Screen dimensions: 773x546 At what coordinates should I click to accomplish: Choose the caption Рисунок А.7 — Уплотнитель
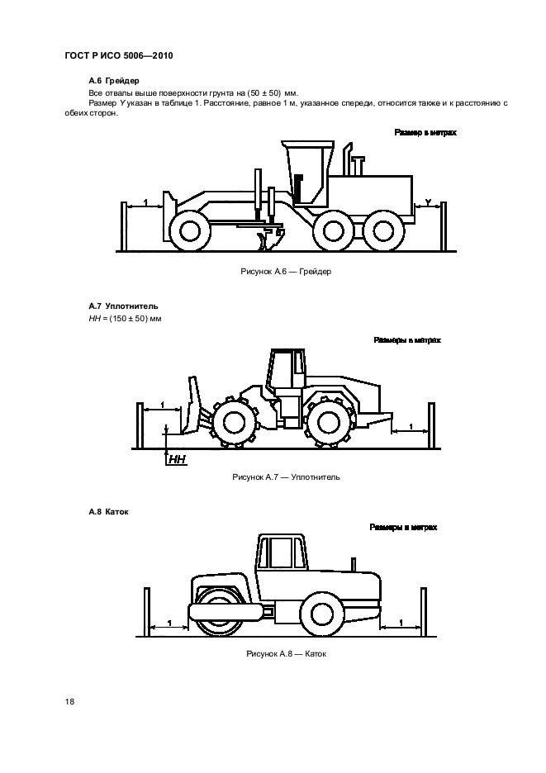286,477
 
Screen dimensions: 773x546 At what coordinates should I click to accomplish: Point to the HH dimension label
178,459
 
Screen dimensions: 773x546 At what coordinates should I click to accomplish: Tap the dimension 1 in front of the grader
145,202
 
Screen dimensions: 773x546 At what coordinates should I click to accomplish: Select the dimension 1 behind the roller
401,621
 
